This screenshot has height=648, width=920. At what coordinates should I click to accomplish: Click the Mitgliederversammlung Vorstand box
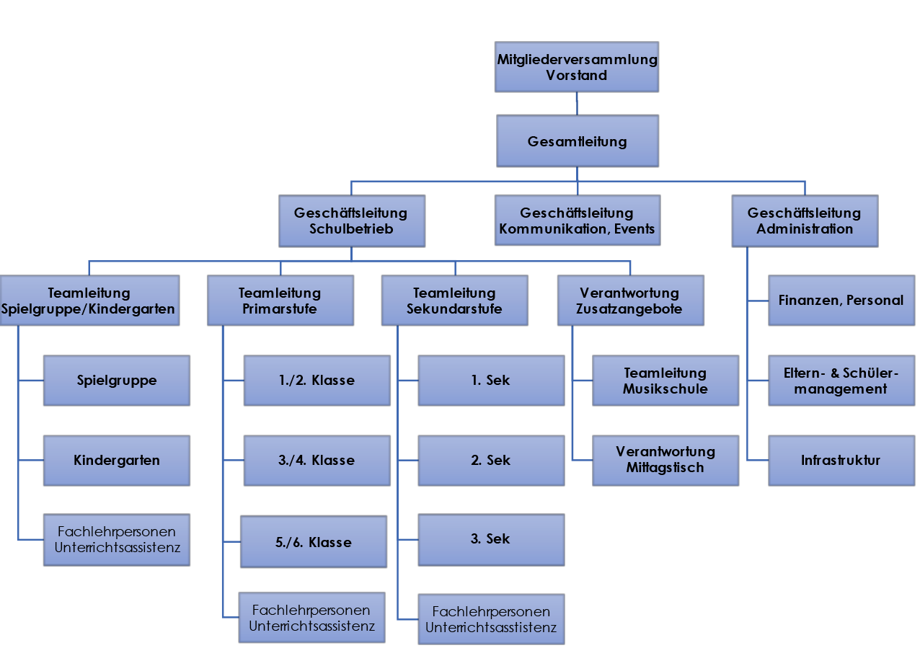coord(577,67)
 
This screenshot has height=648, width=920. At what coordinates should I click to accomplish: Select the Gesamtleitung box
coord(577,141)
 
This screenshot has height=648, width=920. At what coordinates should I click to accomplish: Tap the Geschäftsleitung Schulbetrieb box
coord(350,221)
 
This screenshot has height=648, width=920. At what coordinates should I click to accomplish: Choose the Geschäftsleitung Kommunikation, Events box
coord(577,221)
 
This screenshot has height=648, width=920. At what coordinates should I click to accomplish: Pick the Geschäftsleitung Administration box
coord(805,221)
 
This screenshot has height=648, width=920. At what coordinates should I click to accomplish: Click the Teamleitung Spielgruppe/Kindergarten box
coord(89,301)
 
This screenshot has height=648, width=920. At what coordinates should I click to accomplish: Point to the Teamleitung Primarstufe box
coord(280,301)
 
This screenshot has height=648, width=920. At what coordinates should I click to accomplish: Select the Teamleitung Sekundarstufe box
coord(454,301)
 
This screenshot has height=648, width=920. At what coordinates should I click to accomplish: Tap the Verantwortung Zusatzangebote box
coord(629,301)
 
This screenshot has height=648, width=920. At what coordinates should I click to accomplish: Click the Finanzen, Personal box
coord(841,301)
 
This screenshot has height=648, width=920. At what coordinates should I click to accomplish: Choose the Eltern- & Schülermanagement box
coord(841,381)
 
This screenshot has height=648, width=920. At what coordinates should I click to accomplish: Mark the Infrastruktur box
coord(841,460)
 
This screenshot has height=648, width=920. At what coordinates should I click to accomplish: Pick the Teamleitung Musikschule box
coord(665,381)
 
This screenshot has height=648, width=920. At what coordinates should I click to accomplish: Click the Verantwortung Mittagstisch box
coord(665,460)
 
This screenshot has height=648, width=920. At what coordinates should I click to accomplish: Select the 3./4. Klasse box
coord(317,460)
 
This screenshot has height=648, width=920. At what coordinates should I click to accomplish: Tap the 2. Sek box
coord(490,460)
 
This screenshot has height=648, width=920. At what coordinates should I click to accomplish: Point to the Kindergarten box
coord(117,460)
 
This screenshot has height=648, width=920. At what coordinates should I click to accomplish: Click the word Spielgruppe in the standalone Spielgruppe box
coord(117,381)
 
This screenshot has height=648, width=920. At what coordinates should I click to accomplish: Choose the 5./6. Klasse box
coord(313,542)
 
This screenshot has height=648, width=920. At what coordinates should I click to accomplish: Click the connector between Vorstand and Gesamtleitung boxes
coord(577,104)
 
